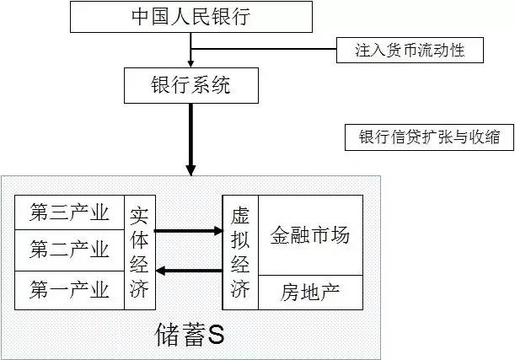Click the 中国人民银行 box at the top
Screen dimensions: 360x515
click(191, 18)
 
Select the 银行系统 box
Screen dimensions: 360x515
click(191, 86)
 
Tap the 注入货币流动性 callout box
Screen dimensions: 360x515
click(410, 51)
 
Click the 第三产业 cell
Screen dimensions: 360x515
click(69, 212)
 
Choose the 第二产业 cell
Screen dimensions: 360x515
click(69, 250)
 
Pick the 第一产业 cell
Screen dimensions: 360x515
click(69, 291)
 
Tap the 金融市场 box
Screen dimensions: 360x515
click(309, 235)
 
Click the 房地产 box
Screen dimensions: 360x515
click(309, 292)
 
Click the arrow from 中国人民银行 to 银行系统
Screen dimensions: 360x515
click(191, 51)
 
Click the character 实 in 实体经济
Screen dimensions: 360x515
click(139, 214)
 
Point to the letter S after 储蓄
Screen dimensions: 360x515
click(216, 335)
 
